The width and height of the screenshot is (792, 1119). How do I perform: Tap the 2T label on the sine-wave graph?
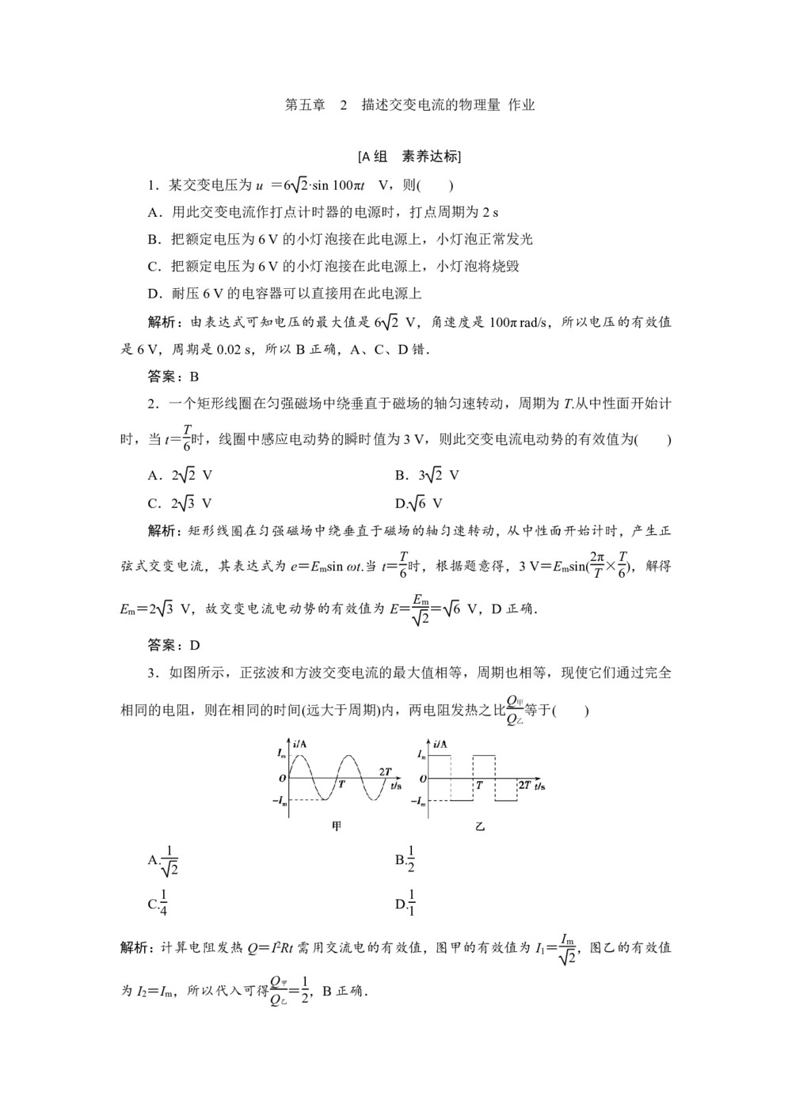pos(385,771)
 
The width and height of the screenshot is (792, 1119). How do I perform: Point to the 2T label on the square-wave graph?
pos(524,784)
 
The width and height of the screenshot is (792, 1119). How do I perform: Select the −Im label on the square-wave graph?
pos(419,801)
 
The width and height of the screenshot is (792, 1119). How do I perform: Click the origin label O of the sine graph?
pos(282,779)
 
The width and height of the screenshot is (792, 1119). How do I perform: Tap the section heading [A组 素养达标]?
pos(409,156)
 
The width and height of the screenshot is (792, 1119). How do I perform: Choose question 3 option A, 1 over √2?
pos(164,862)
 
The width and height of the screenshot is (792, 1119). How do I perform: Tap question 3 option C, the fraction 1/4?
pos(158,903)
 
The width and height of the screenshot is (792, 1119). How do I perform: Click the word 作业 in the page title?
pos(521,104)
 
